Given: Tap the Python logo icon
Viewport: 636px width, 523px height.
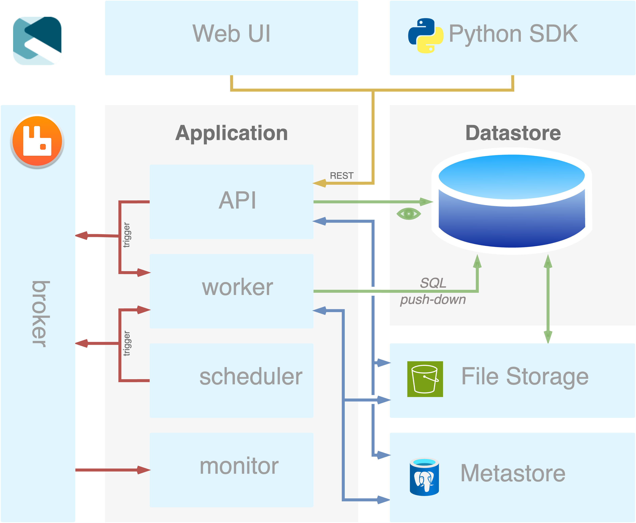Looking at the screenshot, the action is point(426,36).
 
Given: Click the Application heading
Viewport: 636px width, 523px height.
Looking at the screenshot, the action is point(231,133).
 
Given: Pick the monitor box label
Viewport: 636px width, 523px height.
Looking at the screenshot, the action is point(239,466).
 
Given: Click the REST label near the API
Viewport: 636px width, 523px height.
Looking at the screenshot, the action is point(342,176).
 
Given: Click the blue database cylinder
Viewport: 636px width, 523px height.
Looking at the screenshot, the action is point(512,201).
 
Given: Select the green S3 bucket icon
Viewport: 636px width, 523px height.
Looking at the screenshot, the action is point(425,379).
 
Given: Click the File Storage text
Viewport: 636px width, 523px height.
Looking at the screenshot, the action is point(525,377).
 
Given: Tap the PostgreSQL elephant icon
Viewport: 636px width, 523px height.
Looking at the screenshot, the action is point(424,477).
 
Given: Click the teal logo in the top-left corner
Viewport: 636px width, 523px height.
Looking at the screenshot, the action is point(37,41).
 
